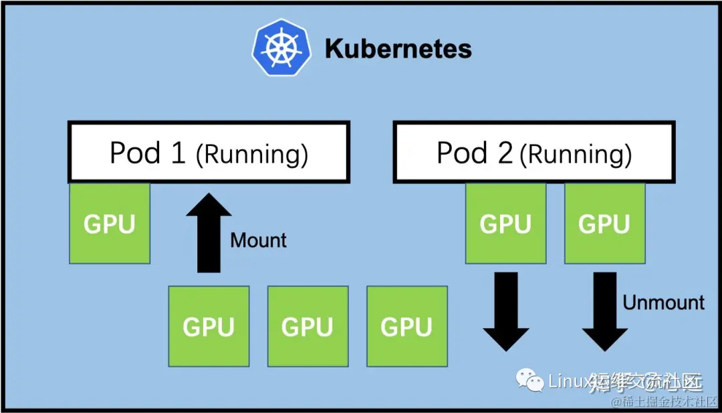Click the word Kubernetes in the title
pyautogui.click(x=398, y=49)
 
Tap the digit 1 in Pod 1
pyautogui.click(x=177, y=153)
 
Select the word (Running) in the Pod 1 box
pyautogui.click(x=252, y=154)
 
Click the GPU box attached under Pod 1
pyautogui.click(x=110, y=223)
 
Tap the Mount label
pyautogui.click(x=258, y=240)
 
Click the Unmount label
pyautogui.click(x=663, y=303)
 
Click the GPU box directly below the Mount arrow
pyautogui.click(x=209, y=326)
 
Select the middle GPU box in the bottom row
pyautogui.click(x=308, y=326)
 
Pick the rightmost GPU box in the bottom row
pyautogui.click(x=406, y=326)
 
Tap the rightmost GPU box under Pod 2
pyautogui.click(x=604, y=223)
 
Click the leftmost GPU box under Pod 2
pyautogui.click(x=505, y=223)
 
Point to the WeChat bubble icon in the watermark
pyautogui.click(x=533, y=382)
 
